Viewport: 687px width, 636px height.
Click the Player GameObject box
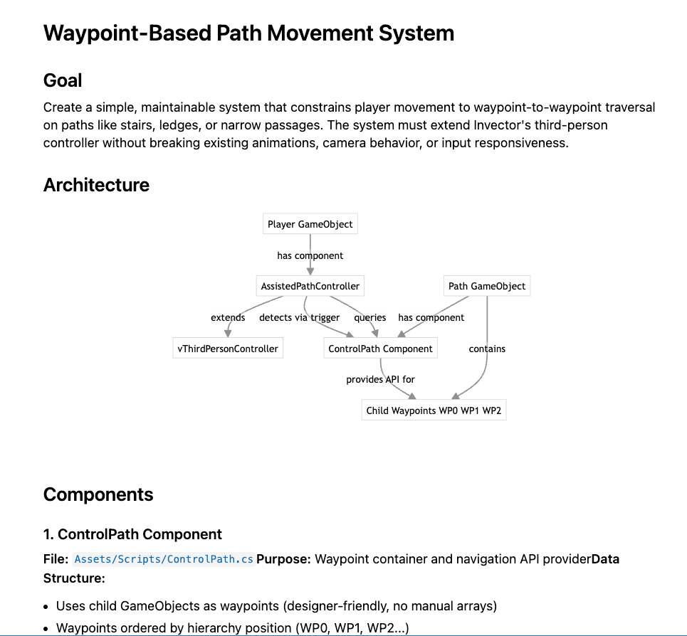pyautogui.click(x=310, y=224)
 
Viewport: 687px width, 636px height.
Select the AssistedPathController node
pyautogui.click(x=310, y=286)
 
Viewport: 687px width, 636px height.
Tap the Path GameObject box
pyautogui.click(x=487, y=286)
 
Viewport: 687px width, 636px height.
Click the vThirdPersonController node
pyautogui.click(x=228, y=349)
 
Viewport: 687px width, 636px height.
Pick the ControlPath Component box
pyautogui.click(x=380, y=349)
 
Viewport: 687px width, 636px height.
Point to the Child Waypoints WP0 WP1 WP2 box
pyautogui.click(x=434, y=410)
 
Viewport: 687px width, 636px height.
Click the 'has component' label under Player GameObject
pyautogui.click(x=310, y=255)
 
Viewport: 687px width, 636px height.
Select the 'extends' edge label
pyautogui.click(x=228, y=317)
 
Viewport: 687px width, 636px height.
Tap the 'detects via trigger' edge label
pyautogui.click(x=299, y=317)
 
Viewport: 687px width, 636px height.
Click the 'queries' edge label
pyautogui.click(x=370, y=317)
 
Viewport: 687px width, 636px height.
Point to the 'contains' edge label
pyautogui.click(x=487, y=349)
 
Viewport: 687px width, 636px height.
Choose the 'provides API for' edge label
pyautogui.click(x=380, y=379)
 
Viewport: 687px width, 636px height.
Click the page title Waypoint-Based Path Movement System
pyautogui.click(x=248, y=33)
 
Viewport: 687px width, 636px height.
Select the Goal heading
pyautogui.click(x=63, y=80)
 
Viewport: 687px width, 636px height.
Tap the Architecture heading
pyautogui.click(x=96, y=185)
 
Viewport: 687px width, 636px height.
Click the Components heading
pyautogui.click(x=98, y=494)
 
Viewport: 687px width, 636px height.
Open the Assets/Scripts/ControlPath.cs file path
pyautogui.click(x=164, y=559)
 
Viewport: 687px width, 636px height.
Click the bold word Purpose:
pyautogui.click(x=283, y=559)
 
